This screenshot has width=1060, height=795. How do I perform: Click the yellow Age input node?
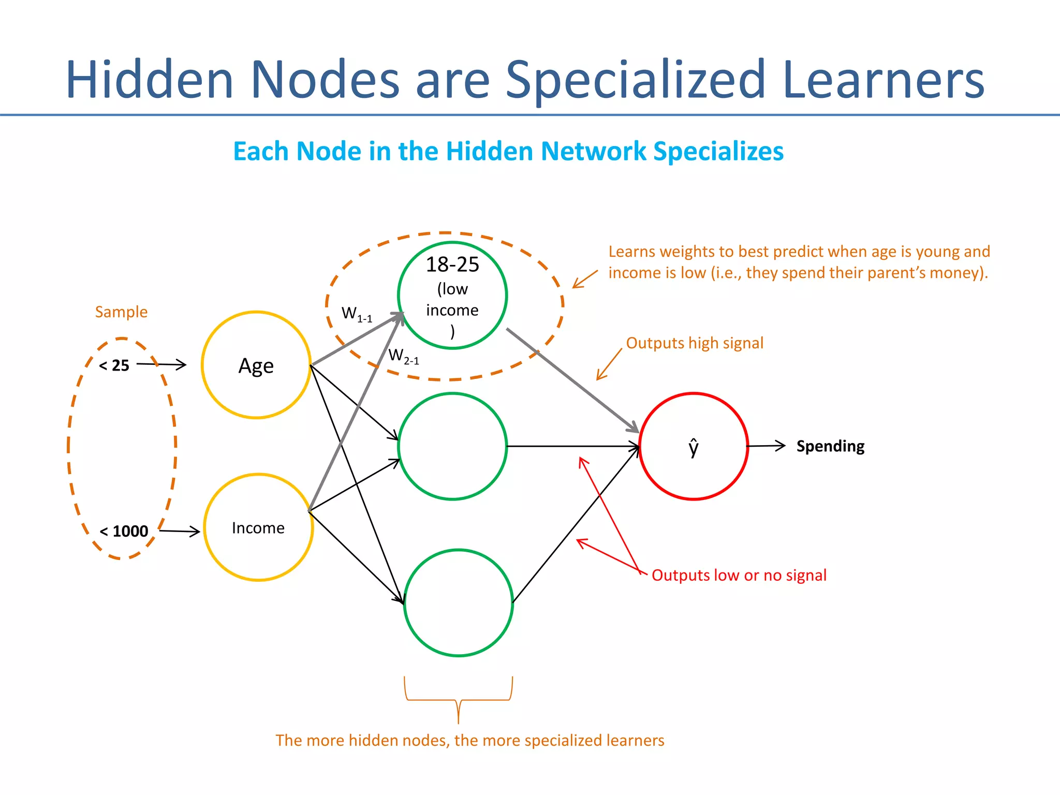pos(256,365)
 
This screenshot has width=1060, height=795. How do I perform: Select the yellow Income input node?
pos(258,527)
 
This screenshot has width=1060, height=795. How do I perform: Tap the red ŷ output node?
pos(694,446)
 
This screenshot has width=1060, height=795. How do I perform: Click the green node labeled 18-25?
pos(452,296)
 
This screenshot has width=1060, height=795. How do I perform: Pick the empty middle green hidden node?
pos(452,446)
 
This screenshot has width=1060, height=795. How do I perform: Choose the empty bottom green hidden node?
pos(458,603)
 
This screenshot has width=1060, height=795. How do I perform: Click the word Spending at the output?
pos(830,446)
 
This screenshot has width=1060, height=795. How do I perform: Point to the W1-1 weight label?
pos(357,314)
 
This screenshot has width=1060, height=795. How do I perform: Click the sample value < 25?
pos(114,365)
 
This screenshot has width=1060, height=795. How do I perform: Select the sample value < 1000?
pos(124,531)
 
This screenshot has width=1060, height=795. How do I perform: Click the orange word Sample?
pos(121,312)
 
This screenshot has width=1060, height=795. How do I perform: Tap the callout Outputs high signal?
pos(695,343)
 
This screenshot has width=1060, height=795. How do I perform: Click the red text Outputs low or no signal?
pos(739,575)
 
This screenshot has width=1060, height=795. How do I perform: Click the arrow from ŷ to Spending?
pos(766,446)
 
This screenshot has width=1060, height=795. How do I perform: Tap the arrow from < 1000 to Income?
pos(179,531)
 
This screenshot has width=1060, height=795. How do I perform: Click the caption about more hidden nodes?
pos(469,740)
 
